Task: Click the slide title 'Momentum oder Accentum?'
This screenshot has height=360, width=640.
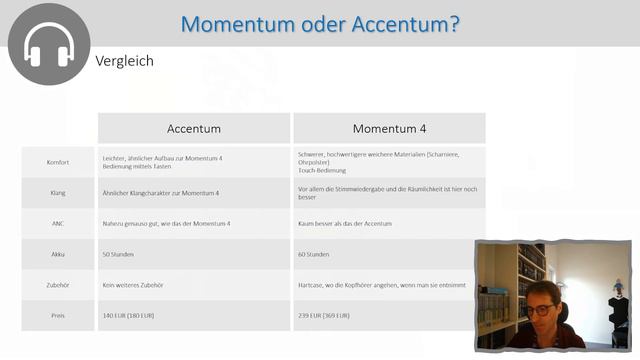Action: pyautogui.click(x=321, y=23)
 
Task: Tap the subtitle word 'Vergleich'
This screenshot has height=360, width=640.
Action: pyautogui.click(x=124, y=61)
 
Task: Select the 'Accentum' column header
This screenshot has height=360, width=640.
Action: pyautogui.click(x=194, y=129)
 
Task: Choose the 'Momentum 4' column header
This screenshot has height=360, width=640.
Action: pyautogui.click(x=389, y=129)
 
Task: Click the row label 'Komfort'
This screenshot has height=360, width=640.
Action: pyautogui.click(x=57, y=162)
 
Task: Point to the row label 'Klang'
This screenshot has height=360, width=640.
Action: pyautogui.click(x=57, y=192)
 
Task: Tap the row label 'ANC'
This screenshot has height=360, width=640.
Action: pyautogui.click(x=57, y=224)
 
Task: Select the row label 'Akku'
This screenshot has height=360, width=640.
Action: pyautogui.click(x=57, y=254)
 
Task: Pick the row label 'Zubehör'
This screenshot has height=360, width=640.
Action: pyautogui.click(x=57, y=285)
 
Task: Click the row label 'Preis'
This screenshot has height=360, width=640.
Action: pyautogui.click(x=57, y=316)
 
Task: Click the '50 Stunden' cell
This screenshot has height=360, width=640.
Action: pyautogui.click(x=119, y=254)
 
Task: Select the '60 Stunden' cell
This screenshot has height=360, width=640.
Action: pyautogui.click(x=314, y=254)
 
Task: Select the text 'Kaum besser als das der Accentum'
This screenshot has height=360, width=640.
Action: pyautogui.click(x=345, y=224)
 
